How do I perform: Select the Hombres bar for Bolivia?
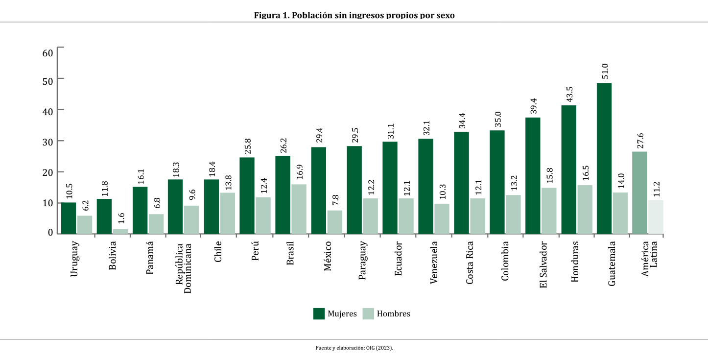tap(120, 231)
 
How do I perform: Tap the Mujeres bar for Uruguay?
tap(69, 218)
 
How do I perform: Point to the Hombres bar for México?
tap(334, 222)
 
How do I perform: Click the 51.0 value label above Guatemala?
tap(604, 72)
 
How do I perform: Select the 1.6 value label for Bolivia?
tap(120, 218)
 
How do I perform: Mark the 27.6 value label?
tap(639, 140)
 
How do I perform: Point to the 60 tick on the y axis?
tap(47, 52)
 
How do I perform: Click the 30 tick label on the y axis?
tap(47, 141)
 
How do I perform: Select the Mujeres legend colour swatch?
tap(319, 313)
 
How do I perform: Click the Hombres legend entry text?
tap(393, 314)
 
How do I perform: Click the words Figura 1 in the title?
tap(271, 15)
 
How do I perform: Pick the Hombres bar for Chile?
tap(227, 213)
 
